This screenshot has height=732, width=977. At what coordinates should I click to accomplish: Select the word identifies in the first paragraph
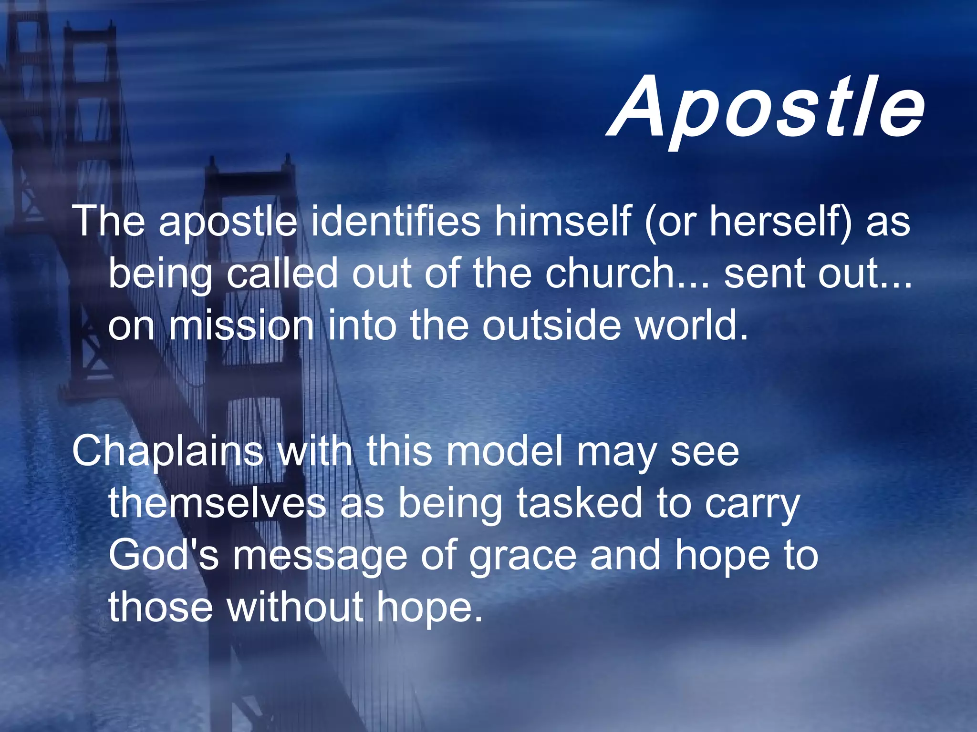395,221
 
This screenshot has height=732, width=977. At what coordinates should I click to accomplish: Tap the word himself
563,221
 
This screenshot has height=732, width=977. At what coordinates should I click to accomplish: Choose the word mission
241,326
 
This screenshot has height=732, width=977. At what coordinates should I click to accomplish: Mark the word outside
551,326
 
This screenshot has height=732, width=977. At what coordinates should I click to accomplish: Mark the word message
320,557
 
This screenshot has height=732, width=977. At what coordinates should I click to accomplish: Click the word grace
523,557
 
